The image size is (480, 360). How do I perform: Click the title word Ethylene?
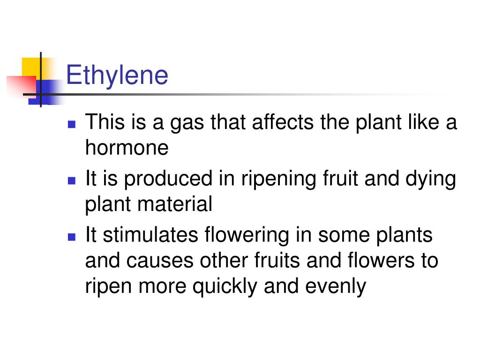117,75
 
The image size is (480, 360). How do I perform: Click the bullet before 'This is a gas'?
72,125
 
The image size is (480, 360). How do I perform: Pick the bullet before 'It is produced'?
72,180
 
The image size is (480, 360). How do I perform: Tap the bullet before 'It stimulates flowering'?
72,236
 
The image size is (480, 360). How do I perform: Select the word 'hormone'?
127,148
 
